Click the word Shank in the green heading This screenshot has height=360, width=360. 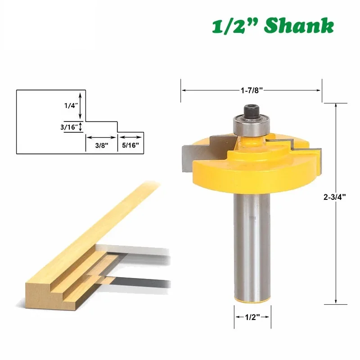coord(299,26)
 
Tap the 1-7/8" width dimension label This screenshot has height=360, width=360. coord(252,90)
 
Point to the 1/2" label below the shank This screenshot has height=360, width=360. coord(252,316)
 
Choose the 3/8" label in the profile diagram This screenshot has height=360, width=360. coord(101,146)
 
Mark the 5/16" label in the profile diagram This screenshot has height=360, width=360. coord(131,146)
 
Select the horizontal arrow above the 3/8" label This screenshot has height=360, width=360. coord(101,137)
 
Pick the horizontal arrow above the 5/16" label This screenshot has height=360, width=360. coord(131,137)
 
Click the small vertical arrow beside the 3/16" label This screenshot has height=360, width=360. coord(81,127)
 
